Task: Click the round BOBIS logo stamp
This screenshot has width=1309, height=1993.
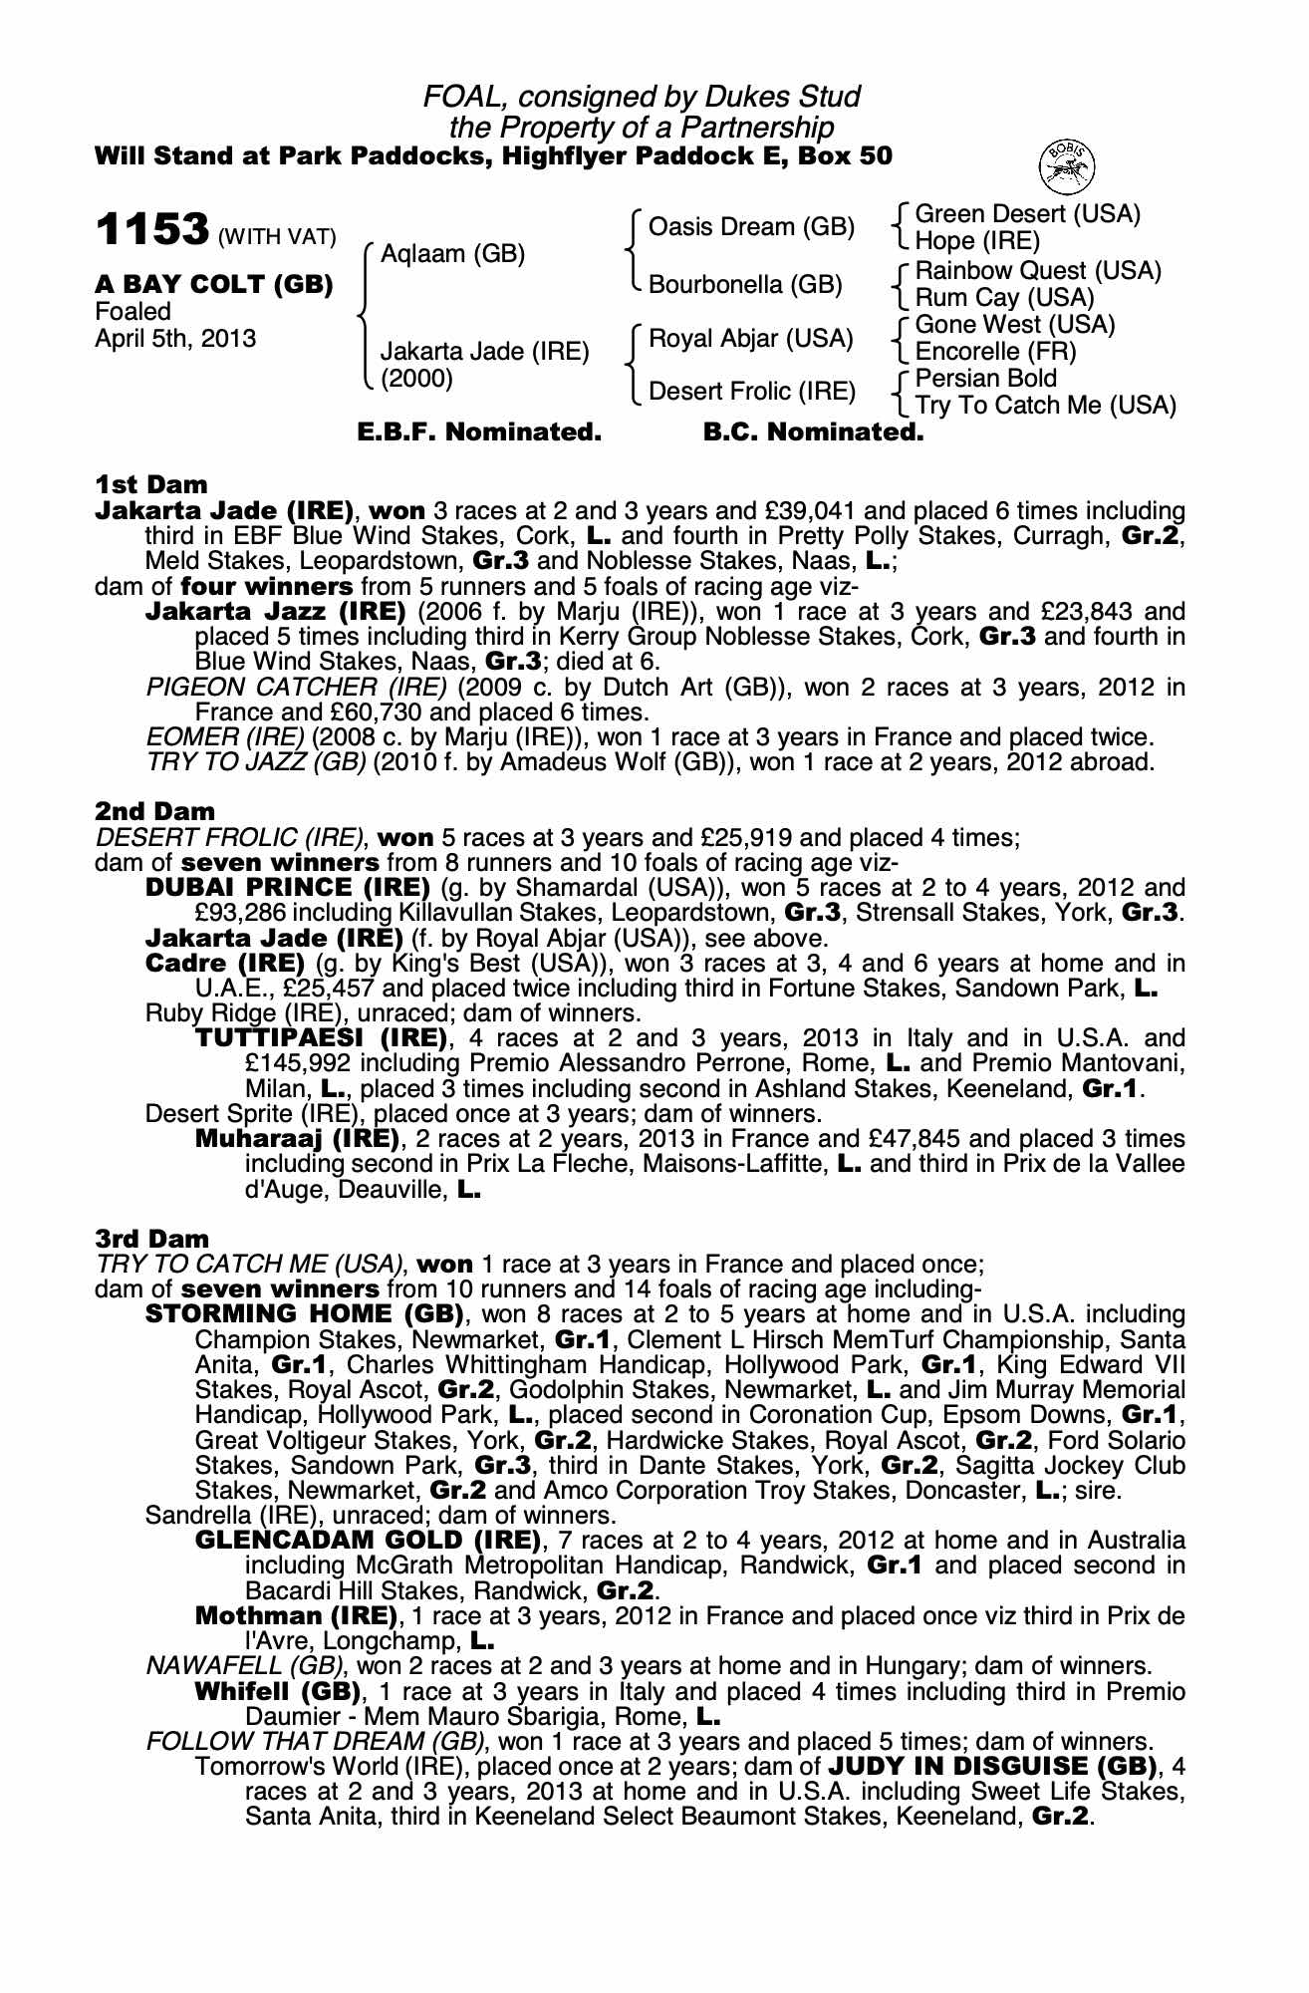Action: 1067,166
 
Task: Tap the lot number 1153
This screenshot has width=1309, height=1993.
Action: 152,229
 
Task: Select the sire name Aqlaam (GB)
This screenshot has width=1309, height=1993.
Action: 452,254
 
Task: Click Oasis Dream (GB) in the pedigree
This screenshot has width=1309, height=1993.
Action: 751,227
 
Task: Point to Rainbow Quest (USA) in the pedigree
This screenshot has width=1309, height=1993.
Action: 1038,271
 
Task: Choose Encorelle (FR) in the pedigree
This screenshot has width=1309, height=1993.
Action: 995,352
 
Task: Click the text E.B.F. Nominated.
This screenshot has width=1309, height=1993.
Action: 479,432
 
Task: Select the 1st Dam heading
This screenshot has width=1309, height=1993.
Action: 151,485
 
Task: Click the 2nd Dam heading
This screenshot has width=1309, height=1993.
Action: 154,812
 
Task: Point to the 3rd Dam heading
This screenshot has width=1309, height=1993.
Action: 152,1239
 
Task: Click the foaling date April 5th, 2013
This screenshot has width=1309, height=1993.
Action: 175,339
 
